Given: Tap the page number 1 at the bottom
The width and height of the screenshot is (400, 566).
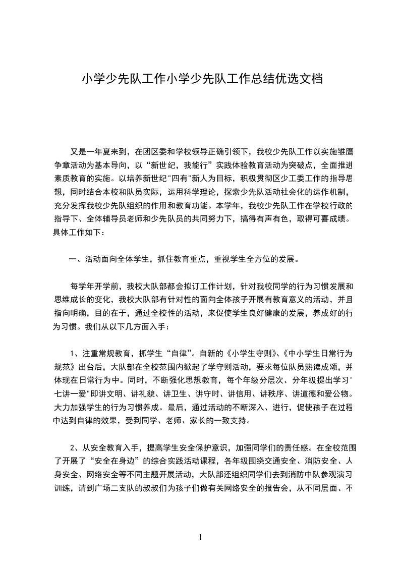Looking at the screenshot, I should pyautogui.click(x=200, y=537).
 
